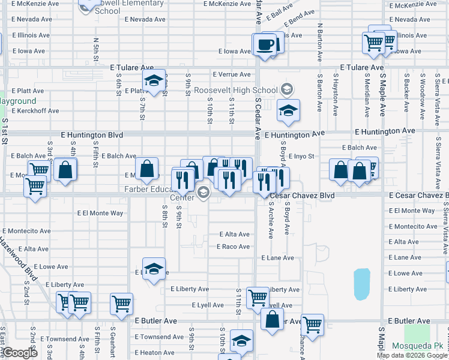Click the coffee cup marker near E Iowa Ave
pos(264,45)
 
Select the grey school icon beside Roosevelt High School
pos(287,90)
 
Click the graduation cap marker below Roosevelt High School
pos(288,110)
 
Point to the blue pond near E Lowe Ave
pos(362,284)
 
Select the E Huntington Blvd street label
pos(92,136)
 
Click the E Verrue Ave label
pos(231,74)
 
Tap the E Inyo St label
pos(301,156)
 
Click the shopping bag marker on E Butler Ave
pos(273,320)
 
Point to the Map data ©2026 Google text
pos(412,355)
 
